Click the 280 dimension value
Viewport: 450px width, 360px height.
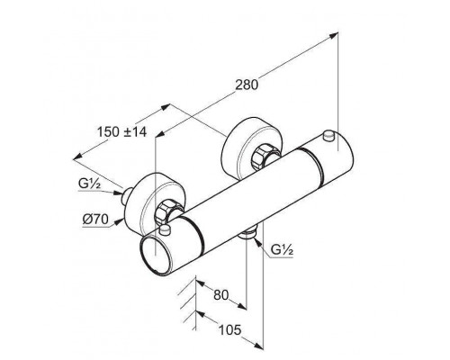pyautogui.click(x=247, y=85)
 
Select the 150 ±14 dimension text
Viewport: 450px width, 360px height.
pyautogui.click(x=122, y=131)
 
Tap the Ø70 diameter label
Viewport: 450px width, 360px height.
pyautogui.click(x=95, y=220)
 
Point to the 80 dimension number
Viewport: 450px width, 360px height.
pyautogui.click(x=221, y=295)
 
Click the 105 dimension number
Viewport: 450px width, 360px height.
pyautogui.click(x=229, y=330)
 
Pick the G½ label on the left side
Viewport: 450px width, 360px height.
pyautogui.click(x=89, y=184)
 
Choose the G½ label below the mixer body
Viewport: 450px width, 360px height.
pyautogui.click(x=282, y=249)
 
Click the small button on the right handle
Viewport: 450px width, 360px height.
pyautogui.click(x=328, y=135)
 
